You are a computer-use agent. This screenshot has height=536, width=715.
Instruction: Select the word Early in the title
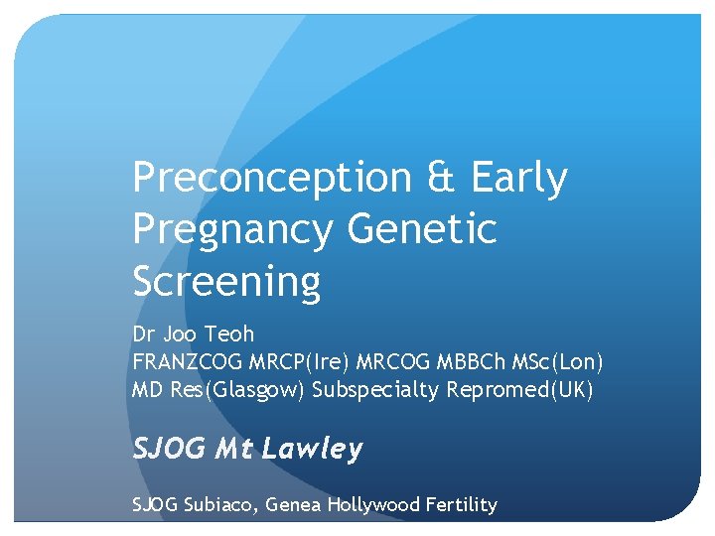click(519, 179)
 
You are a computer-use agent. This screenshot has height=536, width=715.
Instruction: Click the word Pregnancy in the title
click(232, 230)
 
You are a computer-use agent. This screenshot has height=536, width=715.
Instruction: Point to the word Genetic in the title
click(422, 230)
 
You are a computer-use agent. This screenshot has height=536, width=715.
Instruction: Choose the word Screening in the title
click(226, 282)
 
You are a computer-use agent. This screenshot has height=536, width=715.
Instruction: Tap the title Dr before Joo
click(144, 335)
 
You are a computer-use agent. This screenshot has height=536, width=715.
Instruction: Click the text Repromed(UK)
click(519, 390)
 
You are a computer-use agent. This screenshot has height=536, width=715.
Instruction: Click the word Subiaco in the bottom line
click(220, 505)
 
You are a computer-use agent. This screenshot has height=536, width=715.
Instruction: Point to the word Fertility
click(461, 505)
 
